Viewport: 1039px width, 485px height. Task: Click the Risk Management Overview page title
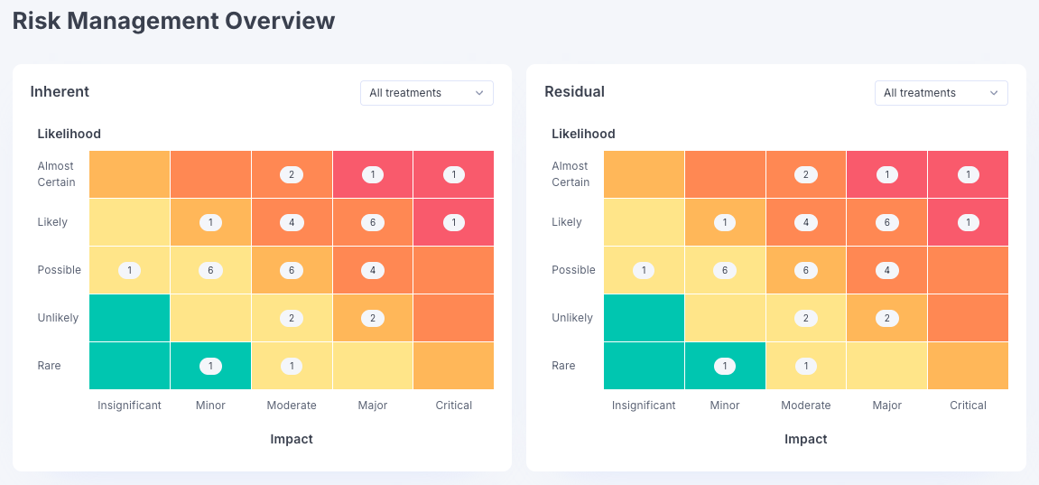[173, 21]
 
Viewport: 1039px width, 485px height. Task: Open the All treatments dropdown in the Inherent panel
[426, 93]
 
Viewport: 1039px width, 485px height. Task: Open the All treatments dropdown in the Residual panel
[941, 93]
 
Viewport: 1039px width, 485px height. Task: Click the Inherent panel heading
[60, 91]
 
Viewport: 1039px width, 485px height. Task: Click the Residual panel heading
[574, 91]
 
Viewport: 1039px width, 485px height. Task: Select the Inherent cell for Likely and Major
[373, 222]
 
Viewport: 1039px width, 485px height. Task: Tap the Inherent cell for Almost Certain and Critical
[454, 174]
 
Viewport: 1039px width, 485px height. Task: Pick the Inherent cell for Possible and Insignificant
[129, 270]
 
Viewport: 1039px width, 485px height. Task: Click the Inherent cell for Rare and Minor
[210, 366]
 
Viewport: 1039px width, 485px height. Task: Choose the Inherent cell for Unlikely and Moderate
[292, 318]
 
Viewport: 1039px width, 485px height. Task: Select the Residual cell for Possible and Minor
[725, 270]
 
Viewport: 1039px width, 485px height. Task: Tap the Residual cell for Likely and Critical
[969, 222]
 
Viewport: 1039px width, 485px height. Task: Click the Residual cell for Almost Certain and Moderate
[806, 174]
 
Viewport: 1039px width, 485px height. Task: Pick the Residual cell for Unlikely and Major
[887, 318]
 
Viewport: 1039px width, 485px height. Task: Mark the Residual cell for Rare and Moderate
[806, 366]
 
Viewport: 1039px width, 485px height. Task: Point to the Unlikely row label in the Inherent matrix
[58, 318]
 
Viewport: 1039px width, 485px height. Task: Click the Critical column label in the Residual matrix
[968, 406]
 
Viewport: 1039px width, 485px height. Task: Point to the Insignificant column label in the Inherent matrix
[129, 406]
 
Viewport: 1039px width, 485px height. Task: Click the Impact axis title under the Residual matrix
[805, 439]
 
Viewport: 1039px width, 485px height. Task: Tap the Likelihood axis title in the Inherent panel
[69, 134]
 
